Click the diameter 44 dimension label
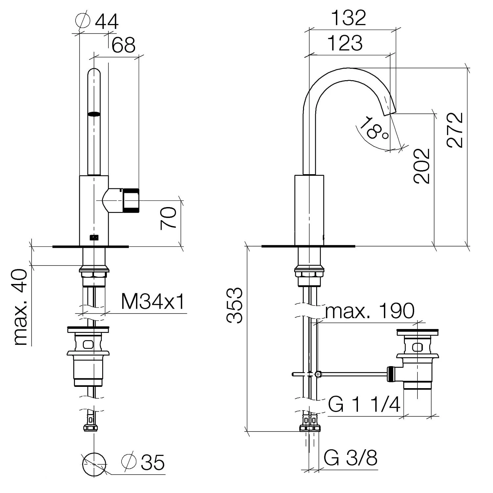pyautogui.click(x=97, y=22)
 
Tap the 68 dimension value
pyautogui.click(x=123, y=45)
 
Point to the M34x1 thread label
pyautogui.click(x=153, y=301)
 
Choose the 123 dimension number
pyautogui.click(x=345, y=43)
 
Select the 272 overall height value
pyautogui.click(x=455, y=130)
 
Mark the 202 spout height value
pyautogui.click(x=422, y=166)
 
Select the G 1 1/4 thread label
pyautogui.click(x=364, y=404)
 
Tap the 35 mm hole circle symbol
pyautogui.click(x=94, y=463)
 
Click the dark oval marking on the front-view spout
pyautogui.click(x=94, y=114)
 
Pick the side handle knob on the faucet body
pyautogui.click(x=131, y=200)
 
